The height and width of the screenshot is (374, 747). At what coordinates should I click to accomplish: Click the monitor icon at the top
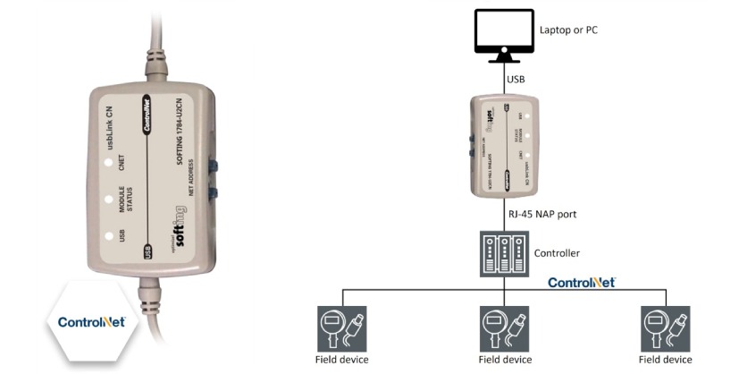click(504, 33)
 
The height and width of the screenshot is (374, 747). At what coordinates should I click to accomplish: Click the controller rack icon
click(504, 253)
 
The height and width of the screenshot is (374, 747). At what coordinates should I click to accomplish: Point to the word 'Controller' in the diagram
click(556, 253)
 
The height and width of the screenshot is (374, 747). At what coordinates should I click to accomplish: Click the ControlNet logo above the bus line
click(581, 282)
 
